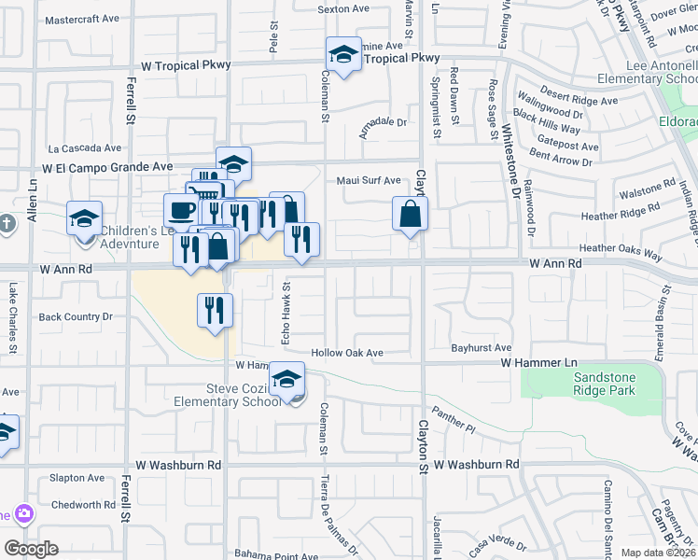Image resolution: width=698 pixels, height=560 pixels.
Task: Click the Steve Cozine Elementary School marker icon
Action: (x=287, y=380)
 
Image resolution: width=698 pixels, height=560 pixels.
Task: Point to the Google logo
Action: (x=31, y=548)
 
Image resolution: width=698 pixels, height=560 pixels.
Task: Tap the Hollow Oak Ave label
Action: (x=348, y=353)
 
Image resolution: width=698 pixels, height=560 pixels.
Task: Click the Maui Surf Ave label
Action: (x=369, y=180)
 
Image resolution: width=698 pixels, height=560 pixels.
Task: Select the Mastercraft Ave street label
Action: (x=82, y=19)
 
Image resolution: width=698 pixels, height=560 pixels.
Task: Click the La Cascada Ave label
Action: (x=85, y=147)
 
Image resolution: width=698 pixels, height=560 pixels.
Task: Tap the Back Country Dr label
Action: (x=76, y=317)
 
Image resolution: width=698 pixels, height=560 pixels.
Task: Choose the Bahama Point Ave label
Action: (x=276, y=554)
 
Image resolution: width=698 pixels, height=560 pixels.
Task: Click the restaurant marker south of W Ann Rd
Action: (x=215, y=310)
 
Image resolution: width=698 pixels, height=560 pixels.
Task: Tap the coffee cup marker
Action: (x=181, y=210)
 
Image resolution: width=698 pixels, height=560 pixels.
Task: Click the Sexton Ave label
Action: (x=343, y=9)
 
